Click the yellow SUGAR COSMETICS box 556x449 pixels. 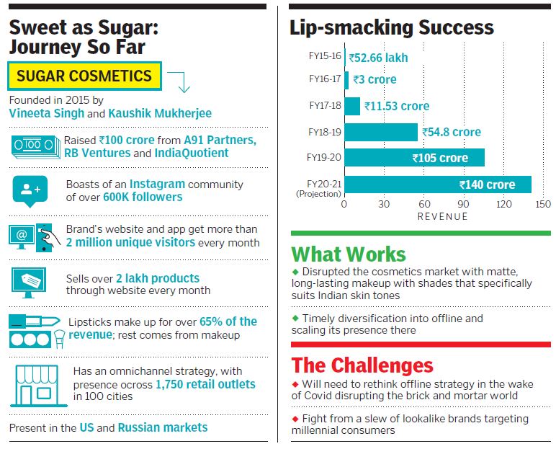(x=85, y=76)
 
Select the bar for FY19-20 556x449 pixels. (x=414, y=158)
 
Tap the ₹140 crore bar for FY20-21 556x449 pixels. (x=437, y=185)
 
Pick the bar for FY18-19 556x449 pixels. (x=380, y=132)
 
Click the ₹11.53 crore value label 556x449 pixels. (x=397, y=106)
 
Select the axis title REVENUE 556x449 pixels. (x=442, y=216)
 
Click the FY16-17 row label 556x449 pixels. (x=324, y=79)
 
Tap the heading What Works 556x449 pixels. (x=349, y=254)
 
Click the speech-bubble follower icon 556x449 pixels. (x=30, y=190)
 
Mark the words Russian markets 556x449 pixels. (x=163, y=427)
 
